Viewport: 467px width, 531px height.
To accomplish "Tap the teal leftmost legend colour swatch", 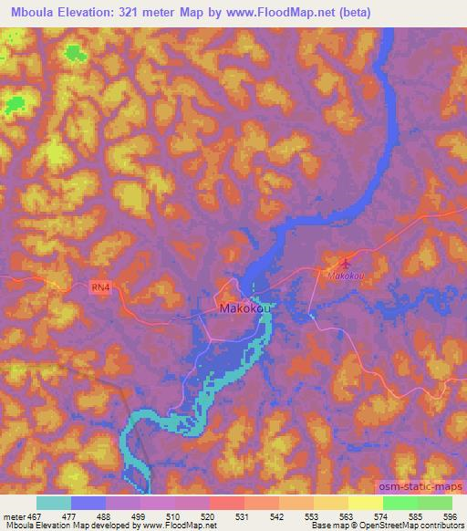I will coord(54,503).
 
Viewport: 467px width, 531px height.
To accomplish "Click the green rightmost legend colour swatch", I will coord(434,503).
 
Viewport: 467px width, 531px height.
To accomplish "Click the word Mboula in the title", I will coord(29,10).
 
